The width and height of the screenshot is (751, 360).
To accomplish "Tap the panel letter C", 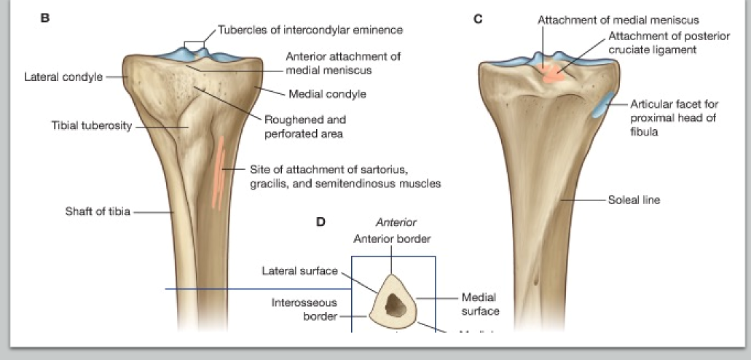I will (x=478, y=18).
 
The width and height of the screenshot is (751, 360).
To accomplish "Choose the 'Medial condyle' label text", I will (x=327, y=94).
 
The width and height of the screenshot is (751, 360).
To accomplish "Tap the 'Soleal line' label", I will (x=634, y=199).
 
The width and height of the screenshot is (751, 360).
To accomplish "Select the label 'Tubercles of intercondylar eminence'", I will (x=310, y=30).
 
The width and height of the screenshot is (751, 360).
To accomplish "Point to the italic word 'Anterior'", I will (x=395, y=223).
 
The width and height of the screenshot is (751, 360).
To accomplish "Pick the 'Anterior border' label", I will (x=392, y=238).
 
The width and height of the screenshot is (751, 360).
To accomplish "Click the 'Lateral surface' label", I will (x=299, y=271).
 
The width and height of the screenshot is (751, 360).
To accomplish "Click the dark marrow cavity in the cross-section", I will (x=396, y=305).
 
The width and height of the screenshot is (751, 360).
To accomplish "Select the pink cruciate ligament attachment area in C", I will (x=553, y=72).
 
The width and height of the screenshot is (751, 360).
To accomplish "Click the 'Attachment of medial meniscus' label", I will (x=618, y=20).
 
